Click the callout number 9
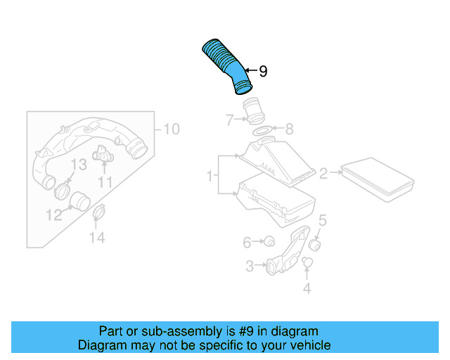click(x=263, y=71)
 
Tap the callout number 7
click(x=229, y=120)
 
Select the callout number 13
click(x=79, y=165)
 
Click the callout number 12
click(x=55, y=214)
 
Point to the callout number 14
click(x=96, y=238)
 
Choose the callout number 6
click(x=247, y=243)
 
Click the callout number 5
click(x=322, y=220)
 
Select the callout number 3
click(x=250, y=266)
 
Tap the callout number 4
click(x=307, y=288)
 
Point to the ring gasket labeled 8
click(x=260, y=131)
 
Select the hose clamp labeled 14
click(x=99, y=210)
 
